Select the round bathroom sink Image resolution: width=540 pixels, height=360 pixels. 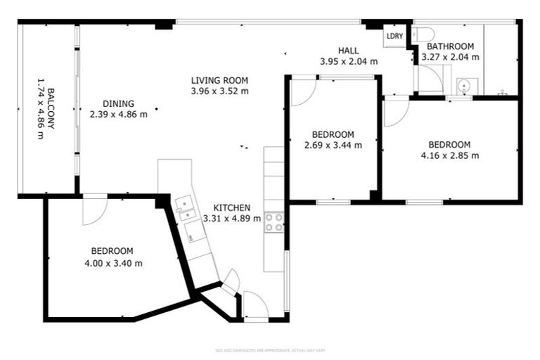463,86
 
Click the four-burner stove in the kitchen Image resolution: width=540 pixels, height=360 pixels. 274,222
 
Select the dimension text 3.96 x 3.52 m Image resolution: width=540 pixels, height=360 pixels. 219,91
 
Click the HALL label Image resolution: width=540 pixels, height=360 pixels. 349,51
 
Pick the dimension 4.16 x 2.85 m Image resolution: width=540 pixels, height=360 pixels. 449,155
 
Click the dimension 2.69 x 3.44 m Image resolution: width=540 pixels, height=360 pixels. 333,146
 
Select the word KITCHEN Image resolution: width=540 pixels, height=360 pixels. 231,207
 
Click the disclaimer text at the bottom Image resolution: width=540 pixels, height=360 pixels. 269,349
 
